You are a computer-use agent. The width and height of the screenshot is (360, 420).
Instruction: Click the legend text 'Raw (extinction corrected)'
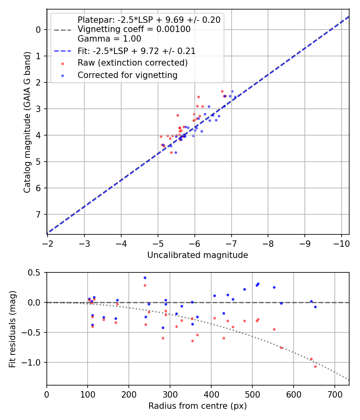tap(132, 63)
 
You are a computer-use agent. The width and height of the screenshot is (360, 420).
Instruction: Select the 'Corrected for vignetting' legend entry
tap(127, 75)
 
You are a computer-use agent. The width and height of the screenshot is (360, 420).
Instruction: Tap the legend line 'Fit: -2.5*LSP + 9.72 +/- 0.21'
tap(136, 51)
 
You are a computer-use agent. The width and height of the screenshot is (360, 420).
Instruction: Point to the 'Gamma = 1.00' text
tap(109, 39)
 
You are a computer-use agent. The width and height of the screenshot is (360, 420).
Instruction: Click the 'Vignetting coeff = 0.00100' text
tap(134, 29)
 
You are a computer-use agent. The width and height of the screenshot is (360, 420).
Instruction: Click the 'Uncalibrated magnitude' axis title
tap(198, 255)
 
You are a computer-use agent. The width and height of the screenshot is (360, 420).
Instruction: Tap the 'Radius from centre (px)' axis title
tap(198, 406)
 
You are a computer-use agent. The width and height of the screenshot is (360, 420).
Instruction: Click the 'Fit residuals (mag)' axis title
tap(12, 328)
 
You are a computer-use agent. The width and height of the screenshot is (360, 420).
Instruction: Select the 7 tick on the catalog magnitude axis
tap(39, 214)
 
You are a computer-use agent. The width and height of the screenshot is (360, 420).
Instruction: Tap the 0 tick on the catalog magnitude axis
tap(39, 30)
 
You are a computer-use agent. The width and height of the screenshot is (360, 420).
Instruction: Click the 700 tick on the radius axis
tap(294, 394)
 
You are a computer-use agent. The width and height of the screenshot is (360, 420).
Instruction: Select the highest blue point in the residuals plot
tap(145, 278)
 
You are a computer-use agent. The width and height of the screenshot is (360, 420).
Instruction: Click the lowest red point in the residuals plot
tap(315, 366)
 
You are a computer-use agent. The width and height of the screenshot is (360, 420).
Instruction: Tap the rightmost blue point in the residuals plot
tap(315, 307)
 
